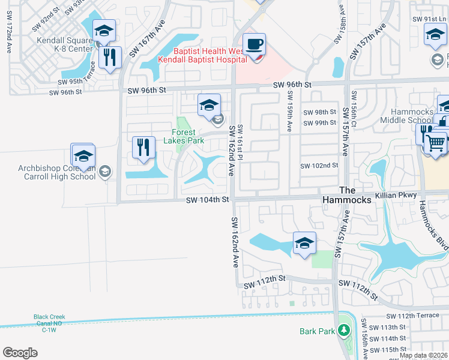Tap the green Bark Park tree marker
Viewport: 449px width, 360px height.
tap(343, 331)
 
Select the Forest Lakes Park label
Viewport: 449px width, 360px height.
tap(184, 136)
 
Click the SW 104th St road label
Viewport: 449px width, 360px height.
tap(208, 199)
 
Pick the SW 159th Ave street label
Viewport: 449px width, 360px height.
tap(290, 110)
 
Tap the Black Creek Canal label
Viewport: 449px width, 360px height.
tap(49, 323)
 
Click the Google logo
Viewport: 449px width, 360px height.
tap(20, 353)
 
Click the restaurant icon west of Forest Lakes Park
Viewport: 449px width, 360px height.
tap(143, 148)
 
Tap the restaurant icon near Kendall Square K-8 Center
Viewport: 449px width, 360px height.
tap(109, 58)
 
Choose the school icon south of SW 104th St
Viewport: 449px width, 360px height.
tap(304, 244)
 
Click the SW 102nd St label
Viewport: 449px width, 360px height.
tap(319, 166)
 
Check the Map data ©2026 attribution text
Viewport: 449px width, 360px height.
tap(423, 355)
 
